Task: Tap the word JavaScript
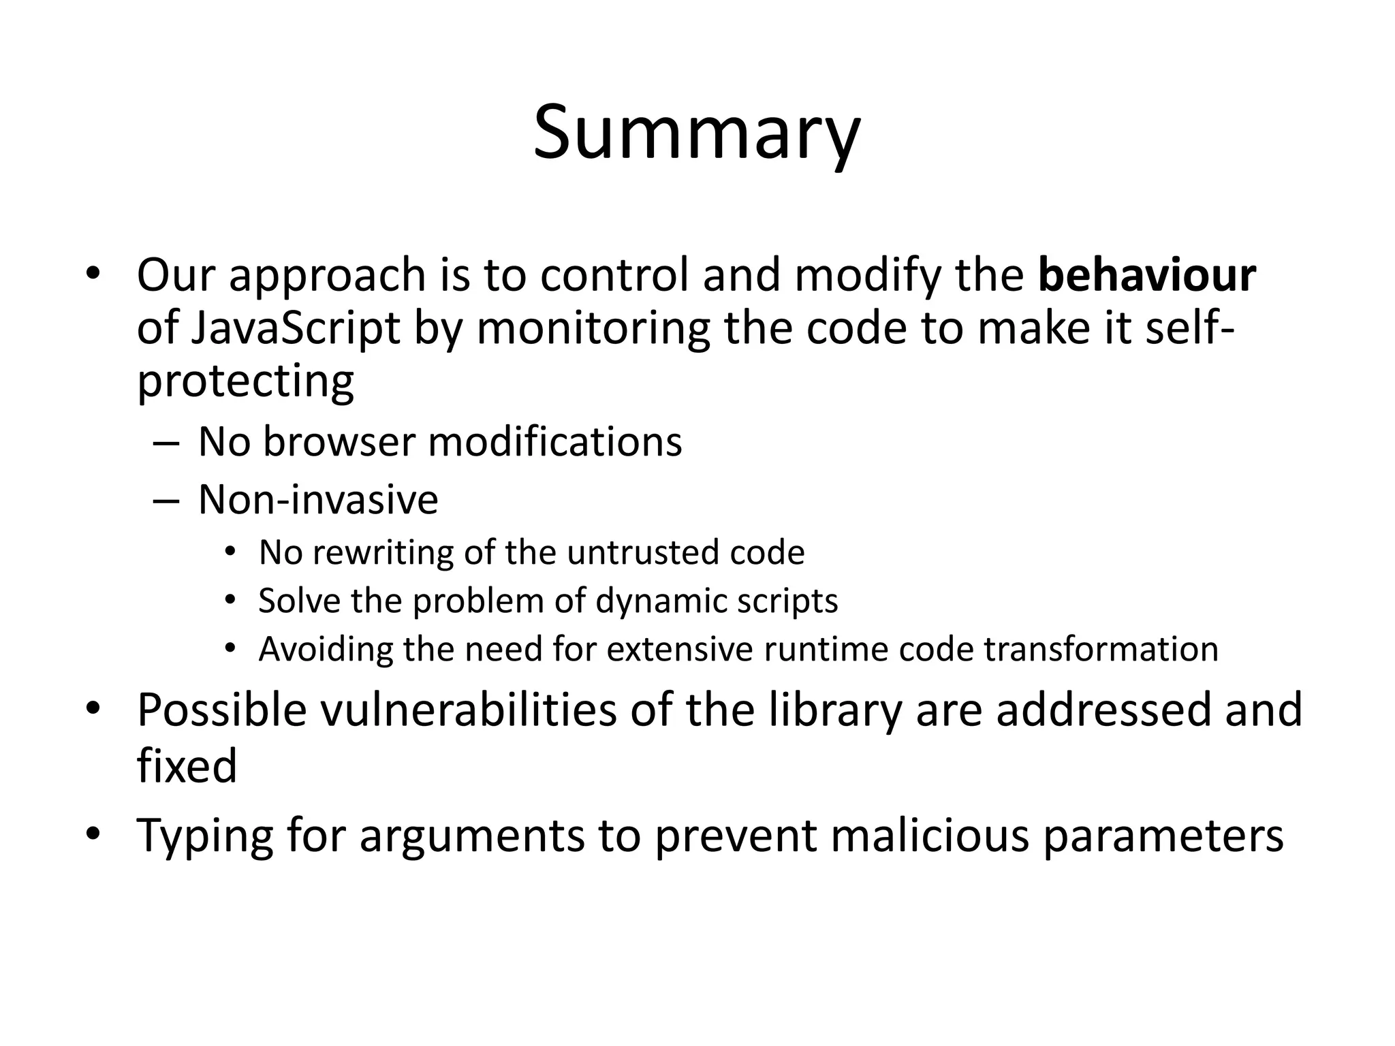[x=295, y=329]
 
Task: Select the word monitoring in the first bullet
[x=592, y=329]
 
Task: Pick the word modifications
[x=554, y=441]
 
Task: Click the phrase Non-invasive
[x=317, y=499]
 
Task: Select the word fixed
[x=187, y=765]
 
